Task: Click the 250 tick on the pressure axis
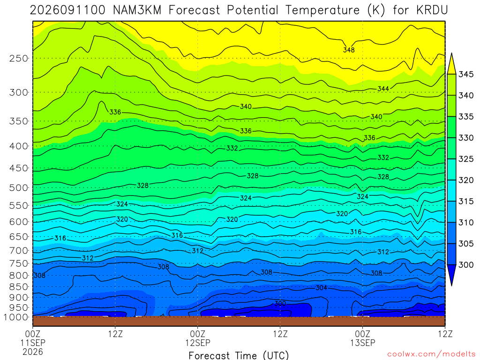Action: click(x=19, y=58)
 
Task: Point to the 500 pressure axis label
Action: click(x=19, y=187)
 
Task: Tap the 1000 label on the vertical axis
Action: click(x=16, y=317)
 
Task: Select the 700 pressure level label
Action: click(x=19, y=251)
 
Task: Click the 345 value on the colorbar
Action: click(x=466, y=75)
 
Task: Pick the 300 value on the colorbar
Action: click(x=466, y=265)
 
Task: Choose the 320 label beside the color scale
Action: click(x=466, y=180)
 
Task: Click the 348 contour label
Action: click(x=349, y=50)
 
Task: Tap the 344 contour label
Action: click(x=383, y=89)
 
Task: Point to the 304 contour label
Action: click(x=322, y=288)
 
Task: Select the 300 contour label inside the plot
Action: click(x=280, y=303)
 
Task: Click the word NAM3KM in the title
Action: click(x=137, y=10)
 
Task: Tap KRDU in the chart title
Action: click(x=432, y=10)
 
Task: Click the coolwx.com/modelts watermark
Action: click(x=431, y=354)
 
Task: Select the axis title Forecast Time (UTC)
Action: click(x=239, y=355)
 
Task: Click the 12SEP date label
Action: click(x=198, y=343)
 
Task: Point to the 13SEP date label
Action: click(x=363, y=343)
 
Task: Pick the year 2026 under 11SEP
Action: click(x=33, y=352)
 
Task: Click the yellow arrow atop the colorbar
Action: click(x=451, y=63)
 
